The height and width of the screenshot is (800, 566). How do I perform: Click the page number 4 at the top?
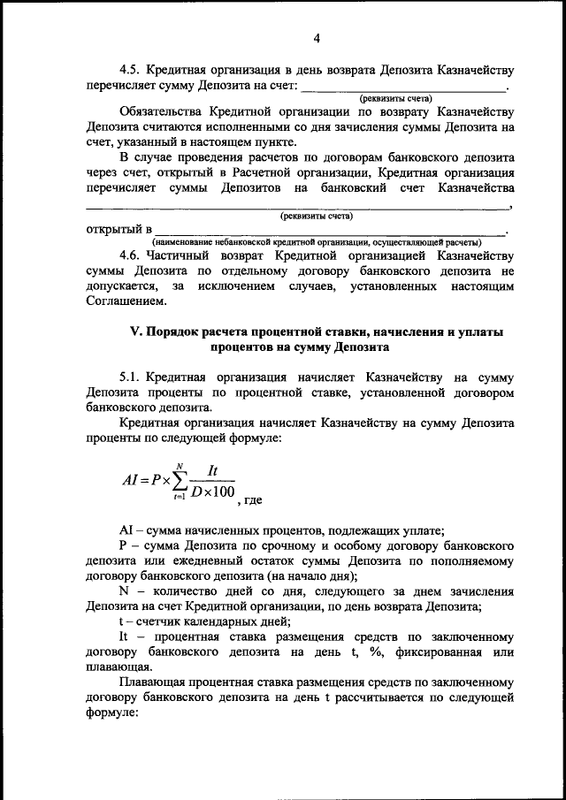[x=316, y=37]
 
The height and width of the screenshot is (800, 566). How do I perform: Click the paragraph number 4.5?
[x=130, y=69]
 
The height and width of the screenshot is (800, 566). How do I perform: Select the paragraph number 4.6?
[x=130, y=255]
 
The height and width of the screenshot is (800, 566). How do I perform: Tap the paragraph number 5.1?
[x=130, y=377]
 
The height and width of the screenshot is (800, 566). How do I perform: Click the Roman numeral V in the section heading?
[x=124, y=332]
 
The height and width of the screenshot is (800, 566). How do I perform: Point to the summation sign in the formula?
[x=180, y=480]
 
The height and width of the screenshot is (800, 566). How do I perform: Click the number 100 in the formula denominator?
[x=221, y=491]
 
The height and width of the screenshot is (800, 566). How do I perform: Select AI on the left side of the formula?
[x=133, y=481]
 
